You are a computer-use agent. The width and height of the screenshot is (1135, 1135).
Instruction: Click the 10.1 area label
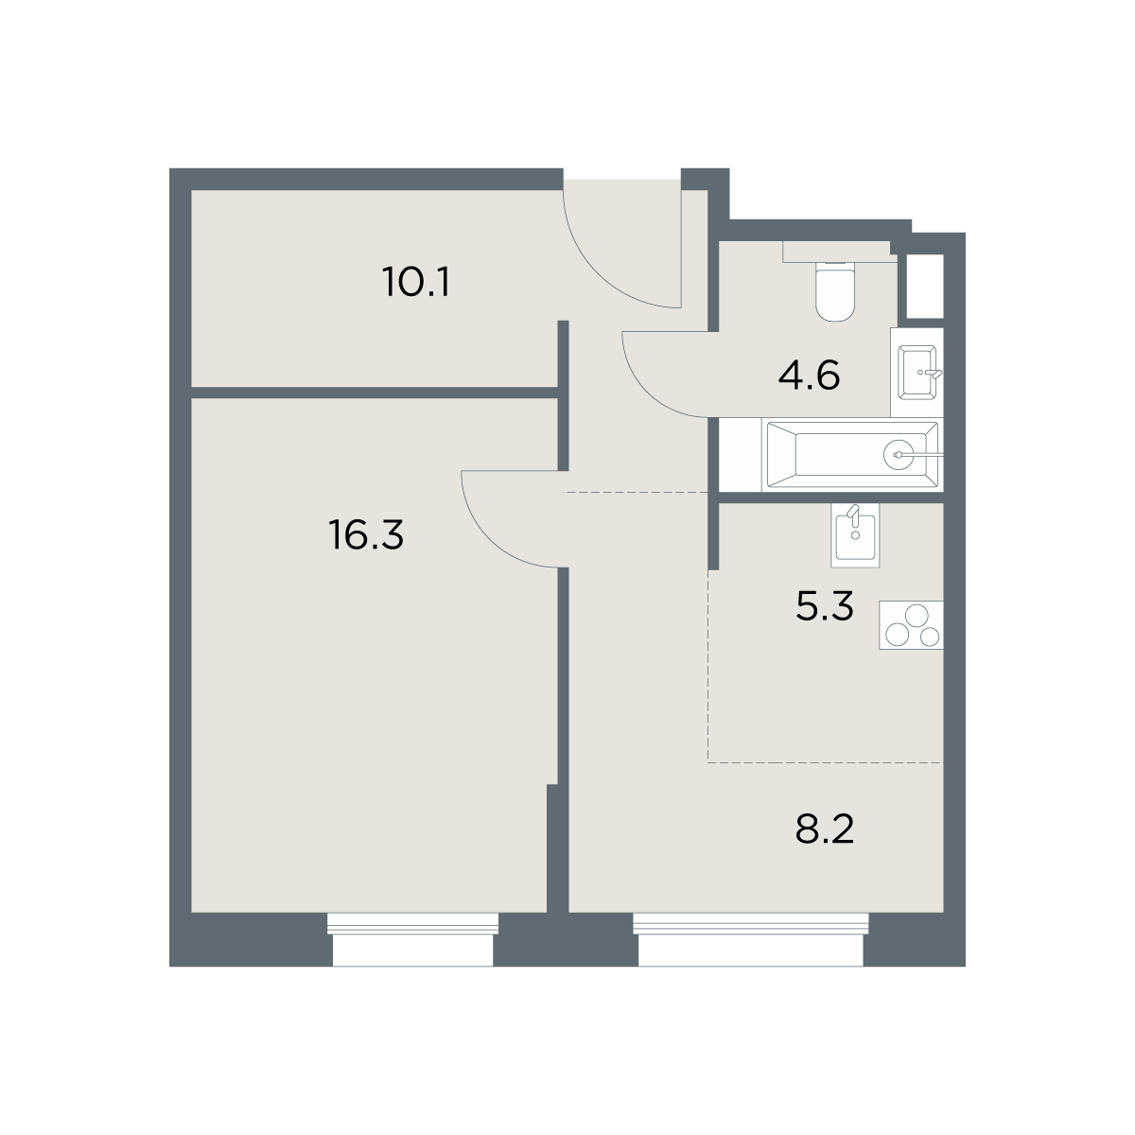click(x=416, y=282)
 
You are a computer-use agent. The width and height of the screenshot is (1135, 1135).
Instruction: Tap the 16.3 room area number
click(x=366, y=534)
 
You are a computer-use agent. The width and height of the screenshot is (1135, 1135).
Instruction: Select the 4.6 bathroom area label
click(x=809, y=375)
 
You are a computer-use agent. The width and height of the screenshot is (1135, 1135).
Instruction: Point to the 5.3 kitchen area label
click(x=824, y=606)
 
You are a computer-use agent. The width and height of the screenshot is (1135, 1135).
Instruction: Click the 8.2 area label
click(x=824, y=829)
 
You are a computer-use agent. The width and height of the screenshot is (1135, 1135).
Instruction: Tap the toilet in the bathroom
click(x=835, y=291)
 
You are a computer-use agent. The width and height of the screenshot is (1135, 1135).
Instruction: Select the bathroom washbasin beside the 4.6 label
click(x=917, y=373)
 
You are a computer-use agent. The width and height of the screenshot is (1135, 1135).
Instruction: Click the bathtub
click(x=852, y=454)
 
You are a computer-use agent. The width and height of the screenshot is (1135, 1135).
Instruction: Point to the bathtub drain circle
click(x=899, y=455)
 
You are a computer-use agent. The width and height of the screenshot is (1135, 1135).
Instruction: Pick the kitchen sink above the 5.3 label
click(x=855, y=534)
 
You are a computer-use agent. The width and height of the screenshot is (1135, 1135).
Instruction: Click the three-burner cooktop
click(x=911, y=625)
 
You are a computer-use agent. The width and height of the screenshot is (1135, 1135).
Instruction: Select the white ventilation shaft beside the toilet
click(x=925, y=287)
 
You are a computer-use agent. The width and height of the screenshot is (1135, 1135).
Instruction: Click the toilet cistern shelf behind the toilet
click(x=839, y=252)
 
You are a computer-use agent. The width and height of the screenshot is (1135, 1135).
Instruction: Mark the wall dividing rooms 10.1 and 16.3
click(x=375, y=393)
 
